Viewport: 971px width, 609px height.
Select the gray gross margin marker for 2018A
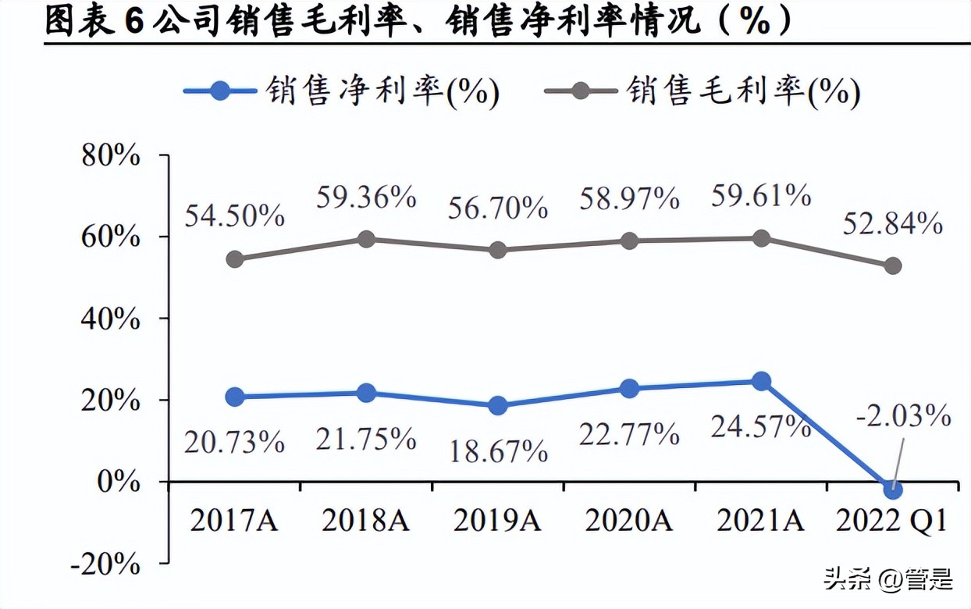(366, 239)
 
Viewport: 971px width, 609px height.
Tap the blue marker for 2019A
(498, 405)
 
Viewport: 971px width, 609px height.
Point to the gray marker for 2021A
(761, 238)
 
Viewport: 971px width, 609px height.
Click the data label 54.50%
(234, 215)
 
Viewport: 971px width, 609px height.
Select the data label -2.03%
(903, 416)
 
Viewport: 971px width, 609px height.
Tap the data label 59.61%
(761, 195)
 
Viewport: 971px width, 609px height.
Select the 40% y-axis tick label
(112, 319)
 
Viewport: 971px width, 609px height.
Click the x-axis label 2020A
(629, 520)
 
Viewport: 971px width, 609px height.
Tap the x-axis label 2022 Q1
(891, 520)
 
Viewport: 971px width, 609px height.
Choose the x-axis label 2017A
(234, 520)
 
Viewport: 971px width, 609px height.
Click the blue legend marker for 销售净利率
(221, 91)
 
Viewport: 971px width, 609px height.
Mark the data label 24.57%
(761, 426)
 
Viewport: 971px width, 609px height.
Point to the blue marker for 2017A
(234, 397)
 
